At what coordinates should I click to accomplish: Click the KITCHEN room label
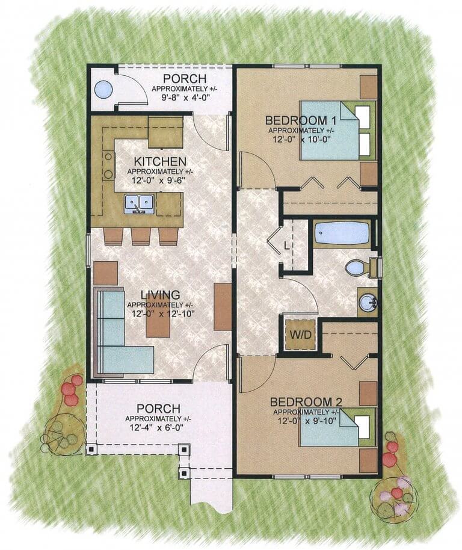pos(160,162)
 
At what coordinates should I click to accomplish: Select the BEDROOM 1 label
pos(301,121)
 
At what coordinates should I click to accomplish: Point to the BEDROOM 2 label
pos(306,401)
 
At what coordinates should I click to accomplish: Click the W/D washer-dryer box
pos(300,335)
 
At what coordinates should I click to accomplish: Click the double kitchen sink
pos(139,203)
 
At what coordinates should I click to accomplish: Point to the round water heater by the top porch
pos(103,89)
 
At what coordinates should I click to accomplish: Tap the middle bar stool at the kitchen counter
pos(141,236)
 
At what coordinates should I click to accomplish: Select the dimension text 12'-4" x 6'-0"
pos(155,428)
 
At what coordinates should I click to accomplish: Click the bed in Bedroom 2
pos(337,427)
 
